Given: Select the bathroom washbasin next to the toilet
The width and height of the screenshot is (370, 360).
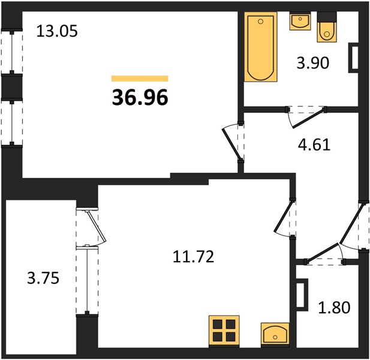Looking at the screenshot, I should click(x=299, y=22).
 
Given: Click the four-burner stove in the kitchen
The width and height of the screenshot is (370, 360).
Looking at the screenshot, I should click(x=225, y=331).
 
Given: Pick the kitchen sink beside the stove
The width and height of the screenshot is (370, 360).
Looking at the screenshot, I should click(x=275, y=332).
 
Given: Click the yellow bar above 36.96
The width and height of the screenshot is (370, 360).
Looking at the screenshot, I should click(x=140, y=78).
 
